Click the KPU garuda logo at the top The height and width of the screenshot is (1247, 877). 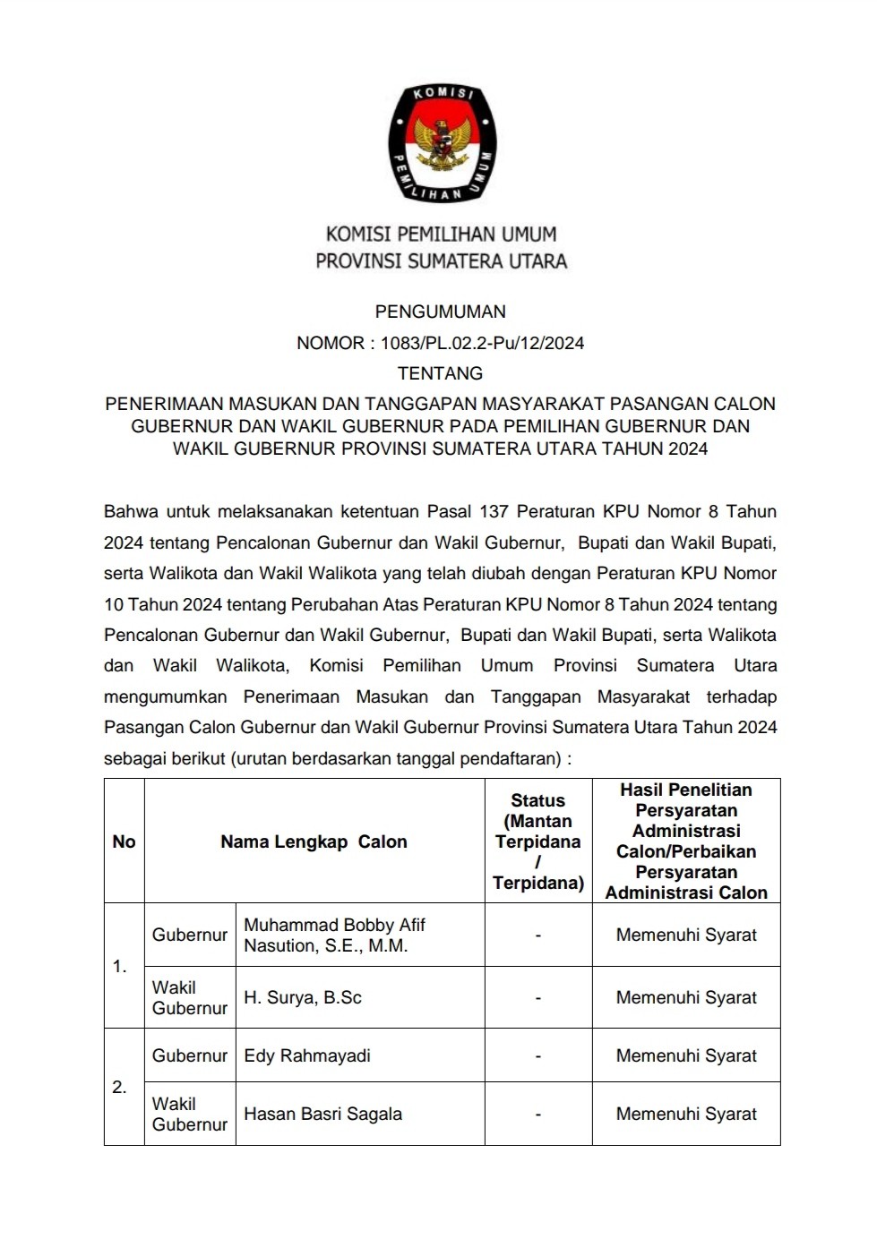pos(442,143)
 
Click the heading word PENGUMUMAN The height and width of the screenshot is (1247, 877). pos(440,312)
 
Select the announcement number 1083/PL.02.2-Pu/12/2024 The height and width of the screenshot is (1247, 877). pos(482,343)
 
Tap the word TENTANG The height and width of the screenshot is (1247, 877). pos(440,373)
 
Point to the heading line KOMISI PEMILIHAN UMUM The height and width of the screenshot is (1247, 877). pos(441,235)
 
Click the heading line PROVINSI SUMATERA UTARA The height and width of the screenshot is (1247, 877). pos(441,261)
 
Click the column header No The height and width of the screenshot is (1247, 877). pos(124,841)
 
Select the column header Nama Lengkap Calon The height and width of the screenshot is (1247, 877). pos(314,841)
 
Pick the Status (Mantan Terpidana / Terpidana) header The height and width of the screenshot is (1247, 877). pos(537,841)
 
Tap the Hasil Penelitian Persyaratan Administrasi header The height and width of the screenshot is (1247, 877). pos(686,841)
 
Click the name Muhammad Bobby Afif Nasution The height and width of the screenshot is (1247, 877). pos(334,935)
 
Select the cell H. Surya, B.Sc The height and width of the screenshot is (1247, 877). pos(303,998)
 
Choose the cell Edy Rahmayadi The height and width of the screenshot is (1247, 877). pos(307,1056)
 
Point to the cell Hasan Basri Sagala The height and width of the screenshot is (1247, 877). pos(322,1115)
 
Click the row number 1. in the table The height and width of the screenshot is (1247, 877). pos(120,967)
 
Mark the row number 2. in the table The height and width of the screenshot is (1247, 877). pos(120,1088)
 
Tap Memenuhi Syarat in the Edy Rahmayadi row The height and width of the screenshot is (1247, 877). pos(686,1056)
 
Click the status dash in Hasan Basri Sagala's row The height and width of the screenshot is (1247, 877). pos(537,1115)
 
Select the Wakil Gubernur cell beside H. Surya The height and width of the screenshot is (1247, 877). pos(190,998)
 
